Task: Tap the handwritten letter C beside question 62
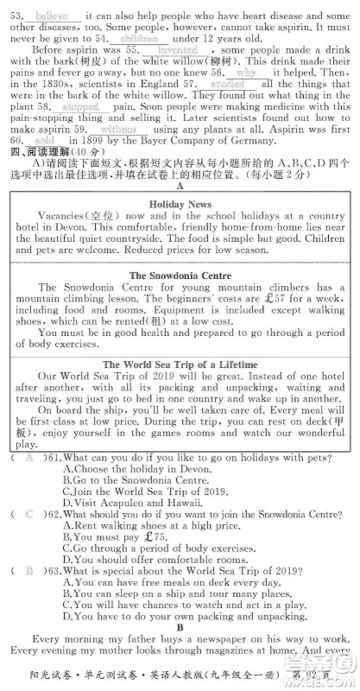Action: [x=29, y=513]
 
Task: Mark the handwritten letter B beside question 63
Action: [x=29, y=570]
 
